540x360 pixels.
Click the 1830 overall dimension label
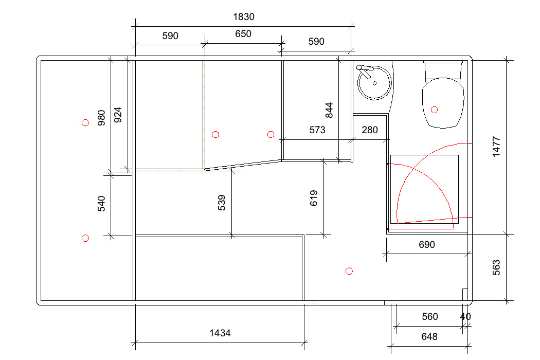[x=243, y=17]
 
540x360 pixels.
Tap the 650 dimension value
[x=243, y=34]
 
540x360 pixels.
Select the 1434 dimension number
[x=220, y=333]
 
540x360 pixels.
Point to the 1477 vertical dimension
[x=496, y=147]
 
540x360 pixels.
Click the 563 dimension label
[x=496, y=267]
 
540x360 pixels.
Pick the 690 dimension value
[x=427, y=245]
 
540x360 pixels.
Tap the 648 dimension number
[x=429, y=336]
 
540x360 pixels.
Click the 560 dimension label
[x=430, y=317]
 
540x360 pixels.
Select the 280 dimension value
[x=370, y=130]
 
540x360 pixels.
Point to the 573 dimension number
[x=317, y=130]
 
